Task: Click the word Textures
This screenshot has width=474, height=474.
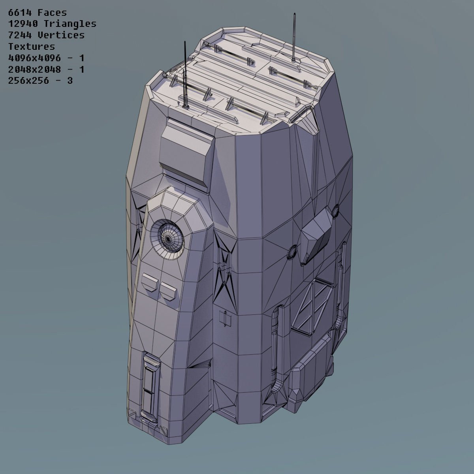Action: click(x=32, y=47)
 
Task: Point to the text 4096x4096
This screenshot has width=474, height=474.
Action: click(x=34, y=58)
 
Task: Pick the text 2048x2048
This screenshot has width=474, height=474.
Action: click(x=34, y=70)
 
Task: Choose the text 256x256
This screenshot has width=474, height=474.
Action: click(x=28, y=81)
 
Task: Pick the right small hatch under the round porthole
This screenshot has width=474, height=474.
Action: click(x=168, y=290)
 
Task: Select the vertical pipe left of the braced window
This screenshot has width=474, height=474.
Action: click(x=275, y=340)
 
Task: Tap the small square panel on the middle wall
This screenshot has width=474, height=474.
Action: click(x=225, y=318)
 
